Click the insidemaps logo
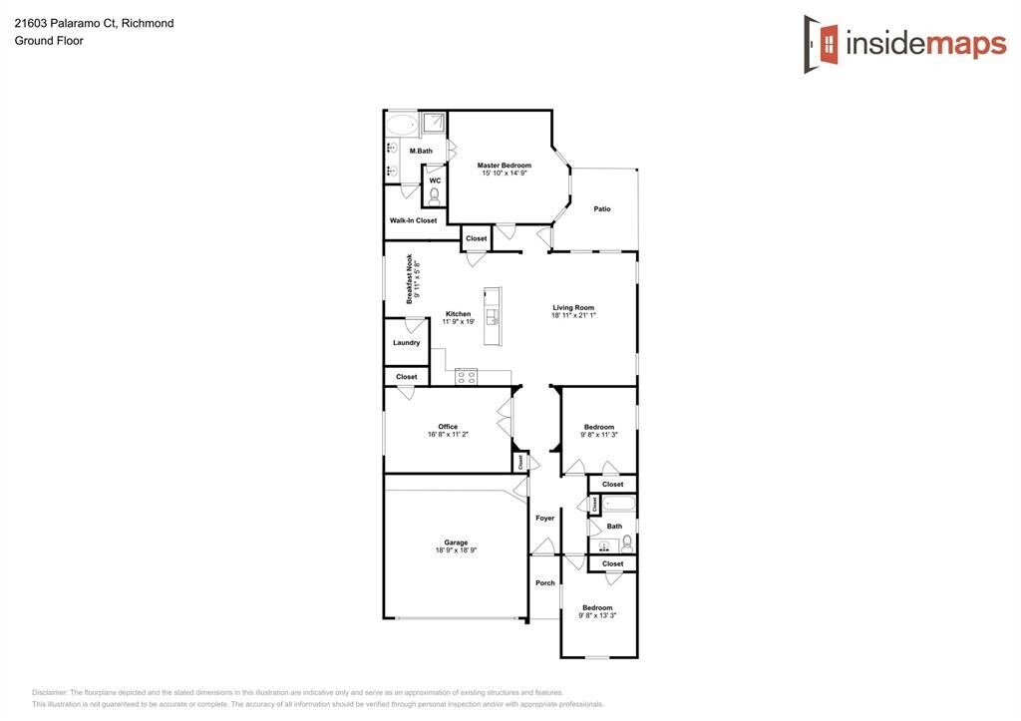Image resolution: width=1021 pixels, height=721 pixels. [905, 44]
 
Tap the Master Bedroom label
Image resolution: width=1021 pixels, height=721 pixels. [504, 166]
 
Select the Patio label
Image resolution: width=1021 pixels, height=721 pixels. [602, 209]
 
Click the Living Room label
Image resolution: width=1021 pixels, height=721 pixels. [573, 307]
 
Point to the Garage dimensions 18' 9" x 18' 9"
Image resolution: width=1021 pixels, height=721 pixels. [456, 550]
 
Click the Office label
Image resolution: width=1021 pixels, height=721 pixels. [448, 427]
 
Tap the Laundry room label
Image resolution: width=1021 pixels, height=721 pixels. [407, 343]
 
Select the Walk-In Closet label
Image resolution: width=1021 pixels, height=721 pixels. [413, 220]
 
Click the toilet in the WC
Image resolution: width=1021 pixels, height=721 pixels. [435, 195]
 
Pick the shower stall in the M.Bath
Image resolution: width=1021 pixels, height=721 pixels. [433, 123]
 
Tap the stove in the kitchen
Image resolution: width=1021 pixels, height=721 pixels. [467, 377]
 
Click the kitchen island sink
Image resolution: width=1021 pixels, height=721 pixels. [495, 317]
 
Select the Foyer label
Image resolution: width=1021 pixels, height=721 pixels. [545, 519]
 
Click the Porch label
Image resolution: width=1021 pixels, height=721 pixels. [545, 583]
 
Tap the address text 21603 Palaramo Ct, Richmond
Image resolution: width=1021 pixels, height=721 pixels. [95, 24]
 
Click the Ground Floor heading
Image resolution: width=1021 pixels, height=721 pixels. [49, 40]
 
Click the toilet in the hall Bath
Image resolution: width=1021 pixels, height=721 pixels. [627, 543]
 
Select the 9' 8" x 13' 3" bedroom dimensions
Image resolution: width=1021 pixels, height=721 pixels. [597, 615]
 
